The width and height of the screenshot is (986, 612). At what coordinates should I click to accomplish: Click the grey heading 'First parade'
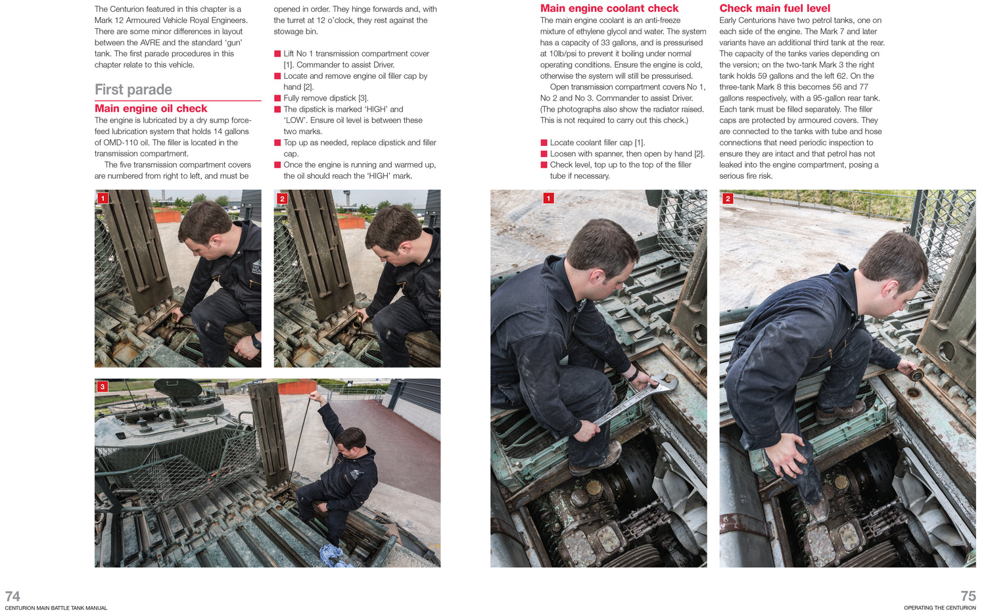tap(133, 89)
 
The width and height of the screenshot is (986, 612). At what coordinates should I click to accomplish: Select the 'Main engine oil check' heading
tap(151, 108)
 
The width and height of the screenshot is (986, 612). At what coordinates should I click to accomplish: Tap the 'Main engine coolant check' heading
tap(609, 9)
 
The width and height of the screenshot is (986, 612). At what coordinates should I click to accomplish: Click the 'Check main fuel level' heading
tap(774, 9)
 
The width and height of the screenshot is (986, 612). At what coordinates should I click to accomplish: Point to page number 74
tap(12, 596)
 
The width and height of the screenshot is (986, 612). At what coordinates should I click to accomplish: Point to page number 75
tap(968, 596)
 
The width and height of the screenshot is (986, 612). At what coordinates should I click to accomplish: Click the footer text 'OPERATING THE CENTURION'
tap(939, 608)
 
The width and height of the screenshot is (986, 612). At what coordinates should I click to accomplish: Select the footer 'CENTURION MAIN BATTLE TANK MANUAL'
tap(56, 608)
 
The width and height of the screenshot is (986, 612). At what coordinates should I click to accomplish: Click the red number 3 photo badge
tap(103, 387)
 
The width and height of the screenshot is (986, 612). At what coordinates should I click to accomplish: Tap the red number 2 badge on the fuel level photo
tap(727, 199)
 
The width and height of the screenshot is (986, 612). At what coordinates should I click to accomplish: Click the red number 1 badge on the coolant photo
tap(548, 199)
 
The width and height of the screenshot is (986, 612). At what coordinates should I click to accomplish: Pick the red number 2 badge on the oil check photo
tap(282, 199)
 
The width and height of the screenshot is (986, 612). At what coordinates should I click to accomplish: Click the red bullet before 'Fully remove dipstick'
tap(277, 99)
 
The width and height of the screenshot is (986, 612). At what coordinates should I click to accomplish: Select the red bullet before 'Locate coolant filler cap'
tap(544, 143)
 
